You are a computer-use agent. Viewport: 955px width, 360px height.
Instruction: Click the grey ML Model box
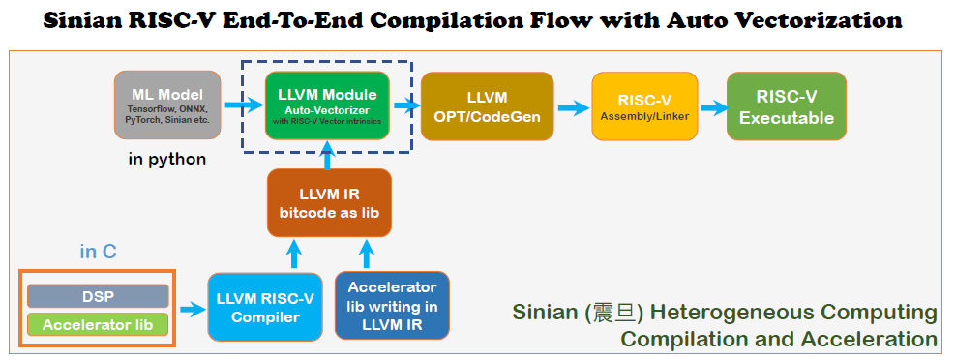pyautogui.click(x=167, y=105)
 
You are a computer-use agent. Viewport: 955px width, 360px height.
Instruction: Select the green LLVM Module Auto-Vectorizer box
pyautogui.click(x=327, y=105)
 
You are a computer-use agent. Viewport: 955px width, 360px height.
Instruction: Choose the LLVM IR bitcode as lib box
pyautogui.click(x=329, y=203)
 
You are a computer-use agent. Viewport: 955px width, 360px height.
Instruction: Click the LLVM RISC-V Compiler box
pyautogui.click(x=265, y=307)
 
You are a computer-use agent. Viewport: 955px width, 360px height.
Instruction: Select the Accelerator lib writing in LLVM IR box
pyautogui.click(x=392, y=305)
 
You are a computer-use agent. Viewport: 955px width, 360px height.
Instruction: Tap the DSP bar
pyautogui.click(x=98, y=296)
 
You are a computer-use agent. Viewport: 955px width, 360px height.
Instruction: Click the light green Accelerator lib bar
pyautogui.click(x=98, y=324)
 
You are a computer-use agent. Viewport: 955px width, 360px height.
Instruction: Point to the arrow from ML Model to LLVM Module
pyautogui.click(x=243, y=106)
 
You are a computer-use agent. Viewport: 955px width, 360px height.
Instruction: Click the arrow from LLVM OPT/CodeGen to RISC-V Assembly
pyautogui.click(x=573, y=108)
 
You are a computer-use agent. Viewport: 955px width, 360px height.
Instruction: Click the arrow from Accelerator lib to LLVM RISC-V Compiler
pyautogui.click(x=193, y=310)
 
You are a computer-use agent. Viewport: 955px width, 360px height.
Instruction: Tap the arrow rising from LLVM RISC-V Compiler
pyautogui.click(x=294, y=254)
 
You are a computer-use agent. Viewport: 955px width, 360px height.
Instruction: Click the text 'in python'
pyautogui.click(x=166, y=160)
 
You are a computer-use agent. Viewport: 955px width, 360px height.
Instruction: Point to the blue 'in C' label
pyautogui.click(x=98, y=252)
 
